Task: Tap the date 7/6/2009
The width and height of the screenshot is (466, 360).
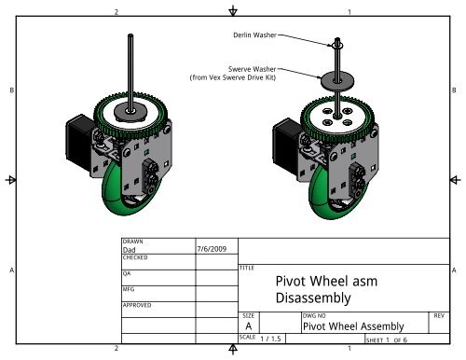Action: tap(212, 249)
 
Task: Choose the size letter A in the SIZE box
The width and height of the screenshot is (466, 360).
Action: tap(248, 326)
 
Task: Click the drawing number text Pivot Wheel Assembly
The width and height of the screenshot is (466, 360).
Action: tap(354, 326)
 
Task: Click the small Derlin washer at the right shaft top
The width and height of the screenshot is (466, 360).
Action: tap(336, 43)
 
